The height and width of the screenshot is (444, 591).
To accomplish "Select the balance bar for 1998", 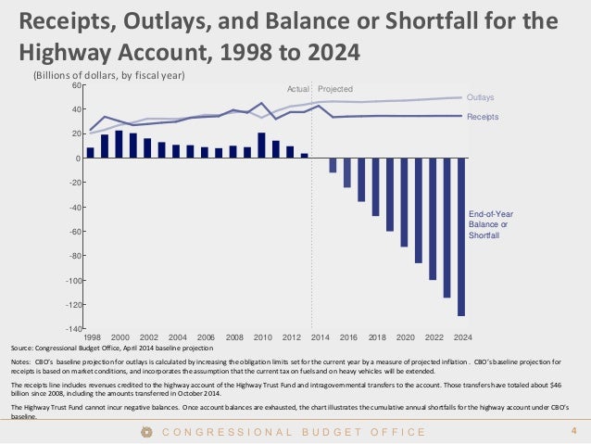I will coord(90,153).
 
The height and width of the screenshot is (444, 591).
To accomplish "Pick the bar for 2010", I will coord(261,146).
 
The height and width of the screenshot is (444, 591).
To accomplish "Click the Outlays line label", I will coord(481,96).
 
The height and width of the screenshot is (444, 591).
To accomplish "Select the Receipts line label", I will coord(483,117).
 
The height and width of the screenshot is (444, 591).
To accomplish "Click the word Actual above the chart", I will coord(297,89).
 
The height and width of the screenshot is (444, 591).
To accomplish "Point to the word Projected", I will coord(335,89).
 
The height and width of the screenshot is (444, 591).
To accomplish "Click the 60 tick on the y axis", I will coord(75,85).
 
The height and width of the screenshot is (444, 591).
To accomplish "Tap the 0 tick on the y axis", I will coord(78,159).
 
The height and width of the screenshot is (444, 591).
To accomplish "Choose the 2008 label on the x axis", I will coord(234,337).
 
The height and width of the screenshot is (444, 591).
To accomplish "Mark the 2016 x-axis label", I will coord(348,337).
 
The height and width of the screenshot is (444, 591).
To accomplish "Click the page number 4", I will coord(573,430).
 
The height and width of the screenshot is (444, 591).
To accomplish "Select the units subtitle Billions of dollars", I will coord(109,74).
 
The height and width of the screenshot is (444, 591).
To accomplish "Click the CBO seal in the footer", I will coord(145,431).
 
